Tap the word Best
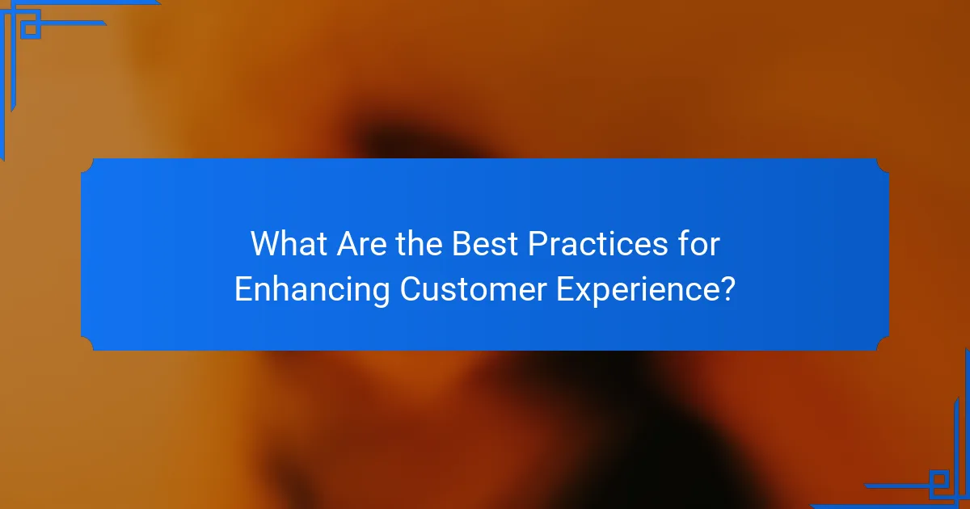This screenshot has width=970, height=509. pyautogui.click(x=483, y=244)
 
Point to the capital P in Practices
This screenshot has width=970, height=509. pyautogui.click(x=536, y=244)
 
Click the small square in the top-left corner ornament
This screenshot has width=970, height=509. pyautogui.click(x=30, y=29)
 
